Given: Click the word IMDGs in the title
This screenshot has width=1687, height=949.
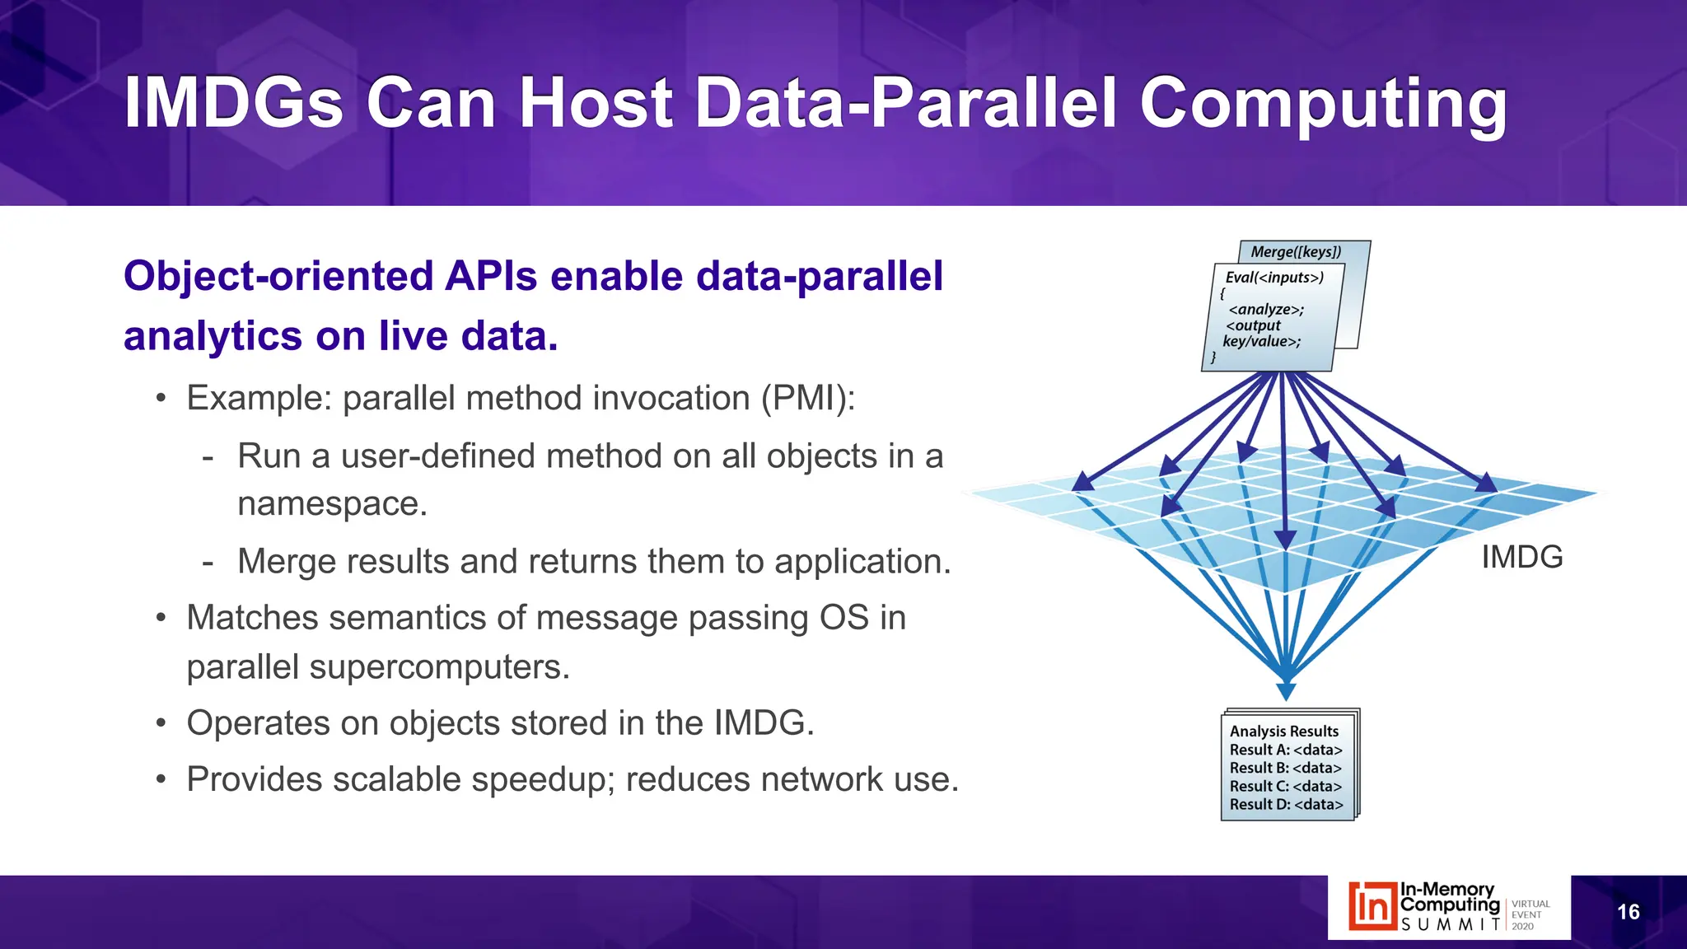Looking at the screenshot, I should (x=233, y=103).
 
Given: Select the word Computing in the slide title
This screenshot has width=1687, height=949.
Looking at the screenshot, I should (x=1323, y=105).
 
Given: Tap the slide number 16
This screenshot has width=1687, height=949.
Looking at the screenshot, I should (x=1628, y=912).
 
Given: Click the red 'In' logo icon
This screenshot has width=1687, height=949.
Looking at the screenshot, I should (x=1372, y=906).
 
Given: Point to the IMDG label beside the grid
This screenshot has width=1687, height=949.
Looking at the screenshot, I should (x=1521, y=558).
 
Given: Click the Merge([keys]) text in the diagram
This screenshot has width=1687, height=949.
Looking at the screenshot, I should (x=1296, y=252).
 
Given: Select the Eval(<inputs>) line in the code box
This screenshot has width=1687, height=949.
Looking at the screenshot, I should (x=1274, y=278).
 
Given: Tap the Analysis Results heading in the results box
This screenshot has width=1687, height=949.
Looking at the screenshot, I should (x=1283, y=732).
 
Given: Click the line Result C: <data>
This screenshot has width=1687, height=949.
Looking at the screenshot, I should (x=1285, y=786).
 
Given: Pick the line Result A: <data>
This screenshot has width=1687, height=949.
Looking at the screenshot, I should (x=1285, y=750).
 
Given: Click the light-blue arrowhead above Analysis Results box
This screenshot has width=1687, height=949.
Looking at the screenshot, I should (x=1286, y=690).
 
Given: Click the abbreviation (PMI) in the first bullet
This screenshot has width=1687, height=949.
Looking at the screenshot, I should (x=807, y=399).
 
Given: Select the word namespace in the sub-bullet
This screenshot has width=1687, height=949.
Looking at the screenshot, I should (x=331, y=504).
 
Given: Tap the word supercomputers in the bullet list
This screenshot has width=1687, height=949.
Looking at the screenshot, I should (x=438, y=667).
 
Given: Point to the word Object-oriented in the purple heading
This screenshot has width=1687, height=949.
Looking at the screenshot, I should (x=278, y=276).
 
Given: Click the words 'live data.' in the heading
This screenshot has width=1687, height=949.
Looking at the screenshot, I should (x=468, y=336).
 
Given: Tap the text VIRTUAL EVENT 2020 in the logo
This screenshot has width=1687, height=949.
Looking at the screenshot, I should (x=1530, y=914).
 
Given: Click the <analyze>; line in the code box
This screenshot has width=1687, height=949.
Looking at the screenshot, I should (x=1266, y=310).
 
